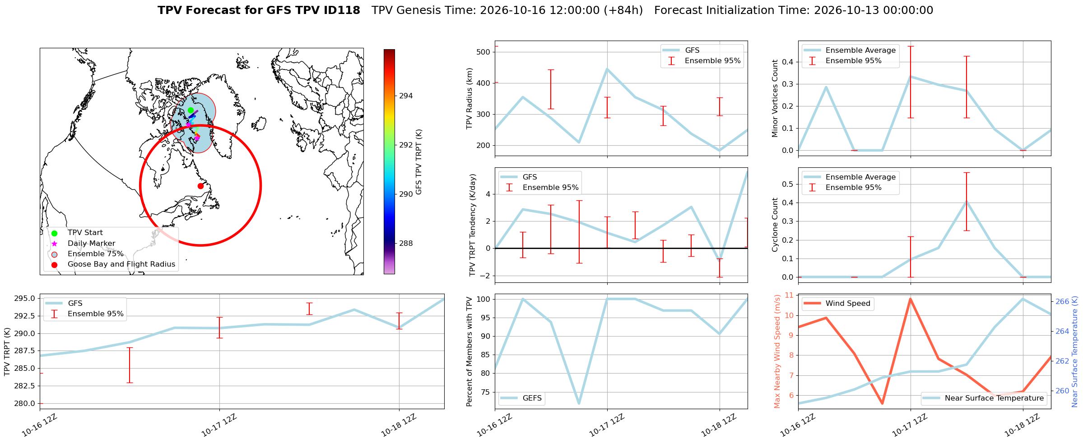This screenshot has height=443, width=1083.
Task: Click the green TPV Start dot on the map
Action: pyautogui.click(x=191, y=110)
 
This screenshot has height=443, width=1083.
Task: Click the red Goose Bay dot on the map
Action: pyautogui.click(x=200, y=186)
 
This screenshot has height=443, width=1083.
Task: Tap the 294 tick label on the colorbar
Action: pyautogui.click(x=406, y=96)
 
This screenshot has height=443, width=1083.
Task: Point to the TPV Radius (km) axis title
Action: pyautogui.click(x=469, y=98)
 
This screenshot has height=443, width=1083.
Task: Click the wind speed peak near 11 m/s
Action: pyautogui.click(x=910, y=299)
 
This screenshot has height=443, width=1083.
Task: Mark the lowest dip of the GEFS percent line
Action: pyautogui.click(x=579, y=403)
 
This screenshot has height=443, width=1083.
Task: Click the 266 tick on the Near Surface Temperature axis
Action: pyautogui.click(x=1063, y=301)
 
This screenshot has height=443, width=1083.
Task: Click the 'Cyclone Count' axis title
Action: pyautogui.click(x=775, y=225)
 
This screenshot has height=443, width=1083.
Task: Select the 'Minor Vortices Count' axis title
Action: pyautogui.click(x=775, y=98)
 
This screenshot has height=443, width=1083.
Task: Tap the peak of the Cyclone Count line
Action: pyautogui.click(x=966, y=201)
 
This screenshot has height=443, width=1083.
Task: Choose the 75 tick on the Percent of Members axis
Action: pyautogui.click(x=484, y=392)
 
